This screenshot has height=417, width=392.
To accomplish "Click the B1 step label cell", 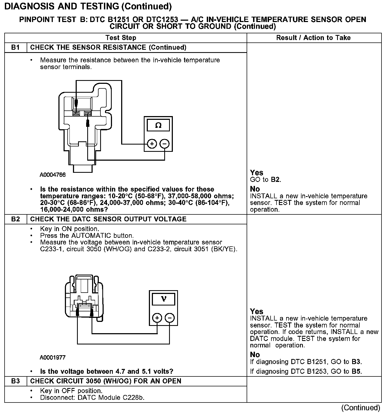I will (x=16, y=48).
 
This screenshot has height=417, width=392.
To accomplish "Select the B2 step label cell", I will (x=16, y=219).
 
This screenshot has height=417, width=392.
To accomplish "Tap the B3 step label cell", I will (x=16, y=381).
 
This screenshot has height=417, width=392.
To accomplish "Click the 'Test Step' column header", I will (x=121, y=38).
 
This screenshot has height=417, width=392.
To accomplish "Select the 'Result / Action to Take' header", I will (x=313, y=38).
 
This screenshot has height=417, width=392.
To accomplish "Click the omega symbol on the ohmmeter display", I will (x=158, y=125).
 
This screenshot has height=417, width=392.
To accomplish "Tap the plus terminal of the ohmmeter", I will (x=152, y=144).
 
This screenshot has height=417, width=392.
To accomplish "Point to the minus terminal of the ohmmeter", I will (x=164, y=144).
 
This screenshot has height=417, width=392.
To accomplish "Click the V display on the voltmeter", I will (x=163, y=299).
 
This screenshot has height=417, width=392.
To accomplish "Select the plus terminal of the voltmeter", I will (x=157, y=318).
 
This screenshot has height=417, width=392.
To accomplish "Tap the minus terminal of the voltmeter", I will (x=170, y=318).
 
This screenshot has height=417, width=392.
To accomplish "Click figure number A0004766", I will (x=53, y=175).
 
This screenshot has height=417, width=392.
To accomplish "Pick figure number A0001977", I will (x=53, y=358).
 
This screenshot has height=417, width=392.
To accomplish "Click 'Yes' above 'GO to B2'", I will (x=256, y=172).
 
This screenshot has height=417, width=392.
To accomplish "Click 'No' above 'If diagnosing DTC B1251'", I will (x=255, y=355).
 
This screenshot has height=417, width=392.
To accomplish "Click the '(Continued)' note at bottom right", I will (x=360, y=408).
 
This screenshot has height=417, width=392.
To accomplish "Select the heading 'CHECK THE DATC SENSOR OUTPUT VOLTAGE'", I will (x=108, y=219).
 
